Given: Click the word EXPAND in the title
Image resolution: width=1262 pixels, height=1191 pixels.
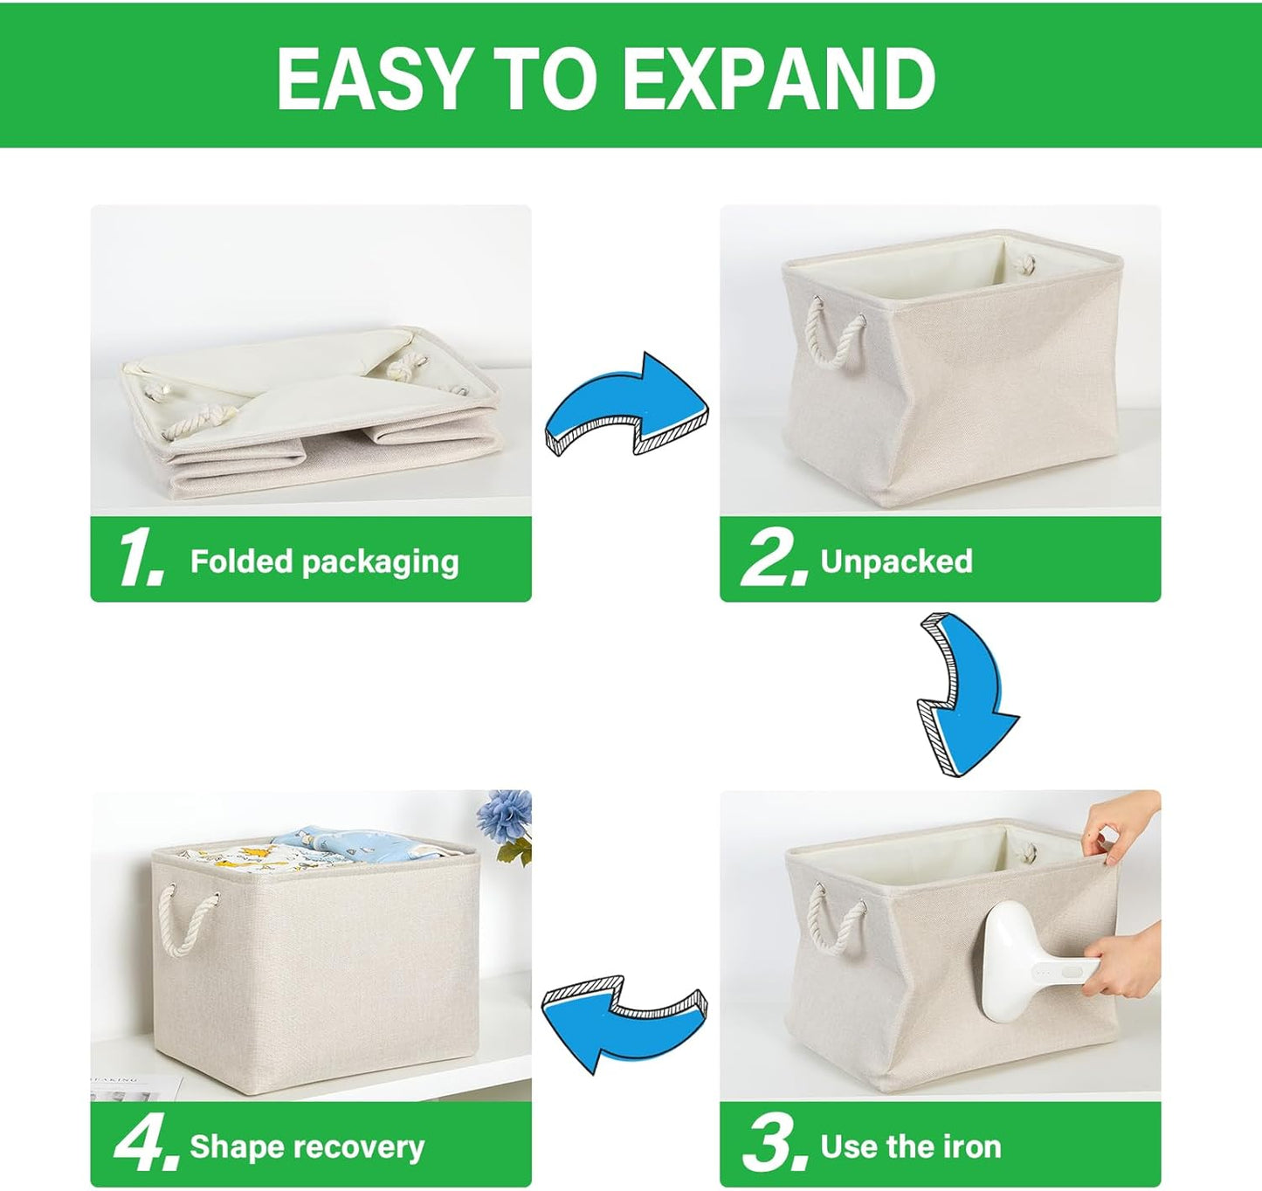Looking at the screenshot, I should [779, 79].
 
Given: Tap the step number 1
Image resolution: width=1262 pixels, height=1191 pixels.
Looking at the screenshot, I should [140, 559].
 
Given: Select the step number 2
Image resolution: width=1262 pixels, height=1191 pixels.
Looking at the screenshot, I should [773, 559].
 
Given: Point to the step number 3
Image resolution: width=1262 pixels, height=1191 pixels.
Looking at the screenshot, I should [773, 1145].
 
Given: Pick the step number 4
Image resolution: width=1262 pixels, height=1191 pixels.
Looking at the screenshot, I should [144, 1145].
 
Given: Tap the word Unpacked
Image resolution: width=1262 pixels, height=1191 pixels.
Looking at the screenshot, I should [896, 561].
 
